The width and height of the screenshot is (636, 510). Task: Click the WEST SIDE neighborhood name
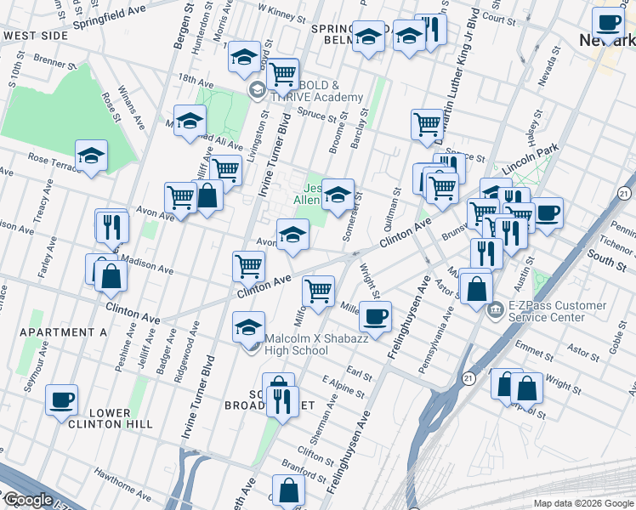point(35,36)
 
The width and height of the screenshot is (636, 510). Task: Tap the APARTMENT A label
point(63,332)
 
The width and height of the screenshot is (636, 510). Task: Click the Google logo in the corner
point(27,500)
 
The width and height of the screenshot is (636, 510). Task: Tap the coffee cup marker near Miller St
point(375,318)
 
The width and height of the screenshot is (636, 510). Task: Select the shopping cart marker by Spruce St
point(427,124)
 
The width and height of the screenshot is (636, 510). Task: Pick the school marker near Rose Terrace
point(91,156)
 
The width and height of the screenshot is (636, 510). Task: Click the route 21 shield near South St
point(623,194)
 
